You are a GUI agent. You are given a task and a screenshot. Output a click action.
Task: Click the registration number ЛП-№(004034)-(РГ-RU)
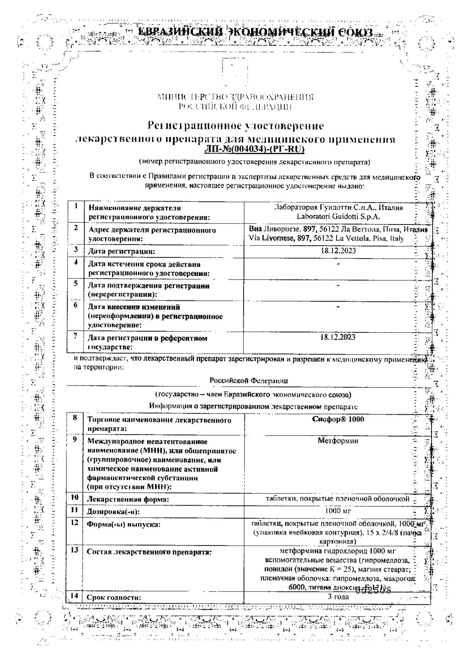tap(254, 149)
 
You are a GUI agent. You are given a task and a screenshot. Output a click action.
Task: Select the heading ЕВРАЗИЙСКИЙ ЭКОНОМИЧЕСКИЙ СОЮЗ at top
tap(255, 33)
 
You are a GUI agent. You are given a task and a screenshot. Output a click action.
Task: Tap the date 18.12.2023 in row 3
tap(338, 251)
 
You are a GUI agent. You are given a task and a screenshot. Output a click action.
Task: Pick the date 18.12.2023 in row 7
tap(338, 337)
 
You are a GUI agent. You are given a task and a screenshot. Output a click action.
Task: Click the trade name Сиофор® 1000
tap(338, 419)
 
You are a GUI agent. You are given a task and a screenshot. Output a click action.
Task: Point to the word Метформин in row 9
tap(338, 441)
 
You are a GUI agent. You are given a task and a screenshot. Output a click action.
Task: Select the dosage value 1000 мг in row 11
tap(338, 511)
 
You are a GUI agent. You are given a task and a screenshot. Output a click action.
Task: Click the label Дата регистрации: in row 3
tap(121, 251)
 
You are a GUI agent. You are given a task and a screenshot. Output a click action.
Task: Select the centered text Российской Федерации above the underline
tap(249, 381)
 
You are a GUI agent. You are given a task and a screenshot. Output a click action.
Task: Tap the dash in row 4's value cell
tap(338, 264)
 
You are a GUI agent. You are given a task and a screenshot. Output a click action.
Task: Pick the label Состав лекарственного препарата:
tap(149, 552)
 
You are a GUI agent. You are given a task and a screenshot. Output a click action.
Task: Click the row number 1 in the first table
tap(76, 206)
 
